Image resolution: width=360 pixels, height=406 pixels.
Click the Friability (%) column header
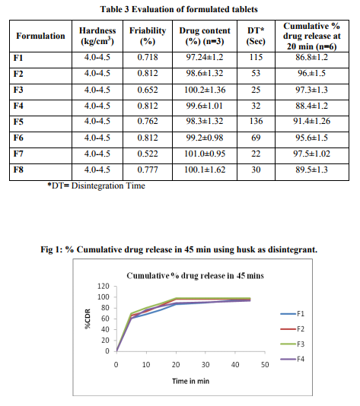click(x=148, y=36)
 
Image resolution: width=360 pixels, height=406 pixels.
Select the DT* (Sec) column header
click(x=256, y=36)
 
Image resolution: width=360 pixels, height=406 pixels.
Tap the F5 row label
click(x=18, y=122)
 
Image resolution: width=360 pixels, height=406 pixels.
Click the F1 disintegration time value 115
click(x=256, y=57)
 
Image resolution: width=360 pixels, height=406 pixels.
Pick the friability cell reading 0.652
click(x=148, y=90)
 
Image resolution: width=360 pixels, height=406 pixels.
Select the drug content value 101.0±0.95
click(x=205, y=154)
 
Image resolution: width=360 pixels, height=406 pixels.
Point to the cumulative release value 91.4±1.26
click(x=312, y=121)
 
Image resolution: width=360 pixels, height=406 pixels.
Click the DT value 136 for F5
click(x=256, y=121)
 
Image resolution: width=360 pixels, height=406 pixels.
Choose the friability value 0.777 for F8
click(x=148, y=170)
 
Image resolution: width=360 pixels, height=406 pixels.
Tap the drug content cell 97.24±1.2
click(x=205, y=57)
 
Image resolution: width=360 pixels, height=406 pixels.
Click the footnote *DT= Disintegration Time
click(x=96, y=186)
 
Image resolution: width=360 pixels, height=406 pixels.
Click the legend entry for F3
click(x=292, y=344)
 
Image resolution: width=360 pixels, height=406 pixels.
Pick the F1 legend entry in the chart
click(x=292, y=314)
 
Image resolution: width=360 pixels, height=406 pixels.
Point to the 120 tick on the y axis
click(x=104, y=286)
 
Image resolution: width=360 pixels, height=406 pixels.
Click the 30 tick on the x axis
click(x=205, y=365)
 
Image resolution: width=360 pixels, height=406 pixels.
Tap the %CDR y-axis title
click(x=88, y=319)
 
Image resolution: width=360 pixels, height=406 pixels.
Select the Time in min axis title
click(x=191, y=381)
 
